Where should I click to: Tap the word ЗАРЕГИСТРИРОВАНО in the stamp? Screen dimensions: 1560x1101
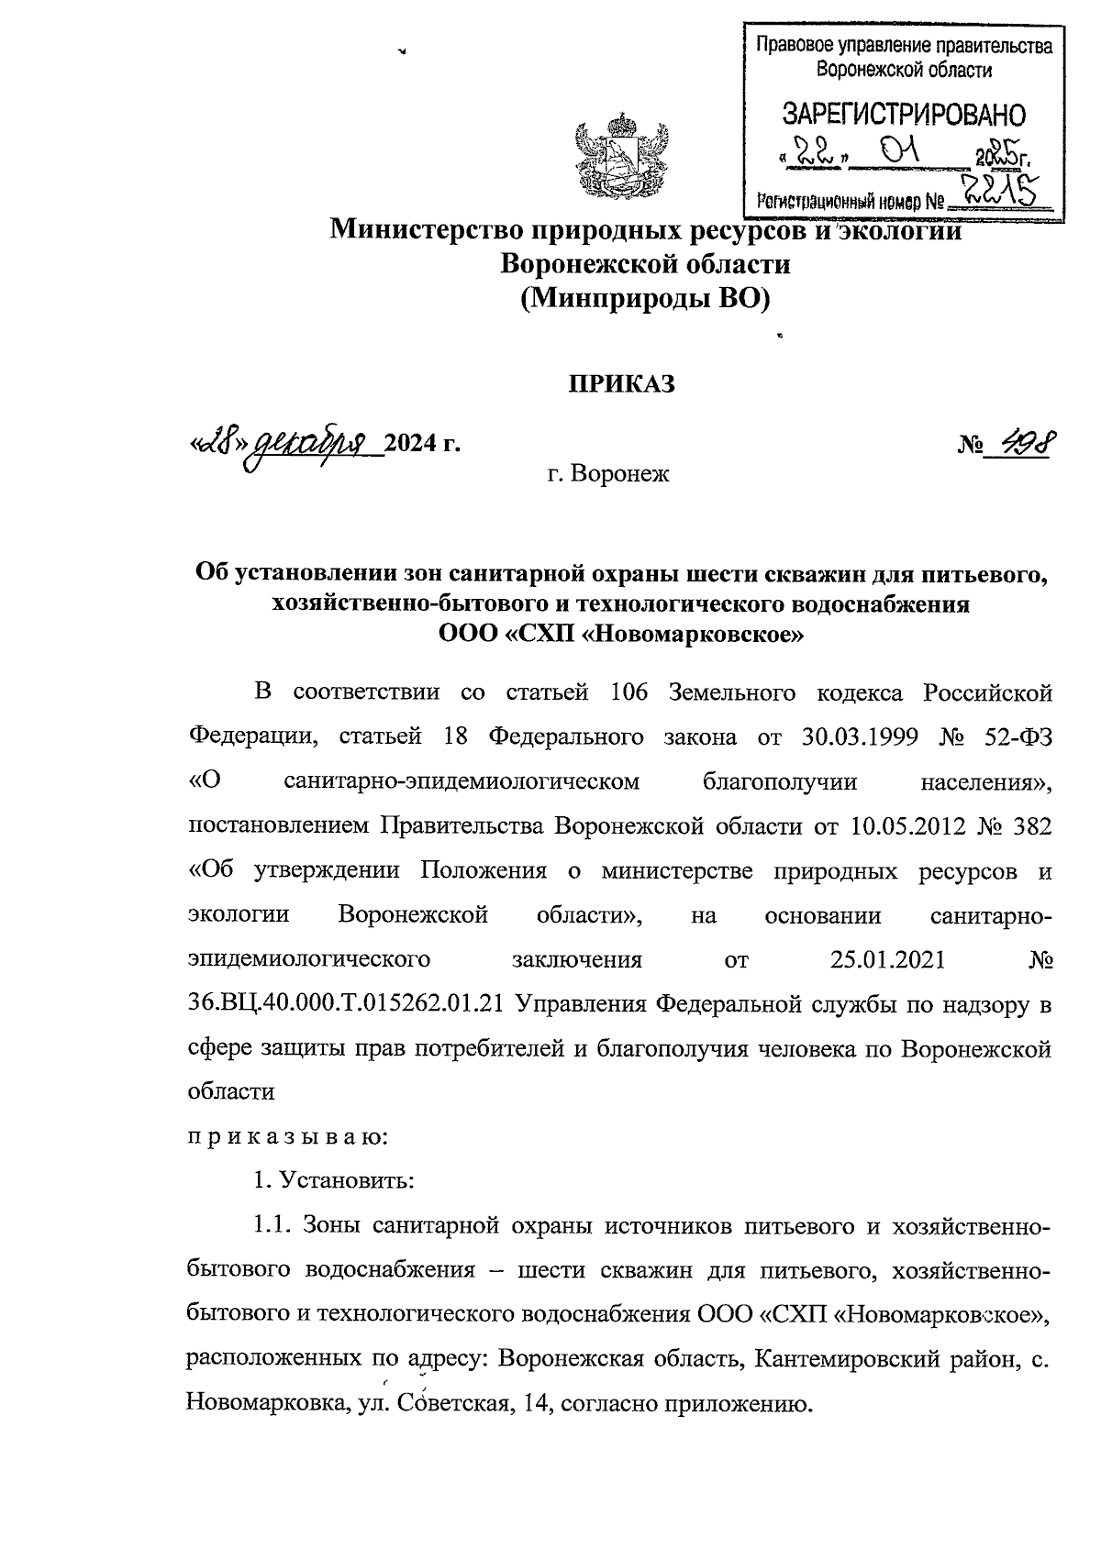tap(903, 114)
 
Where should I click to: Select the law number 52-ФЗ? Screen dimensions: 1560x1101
tap(1011, 736)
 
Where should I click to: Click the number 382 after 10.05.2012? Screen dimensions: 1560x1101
tap(1029, 825)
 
